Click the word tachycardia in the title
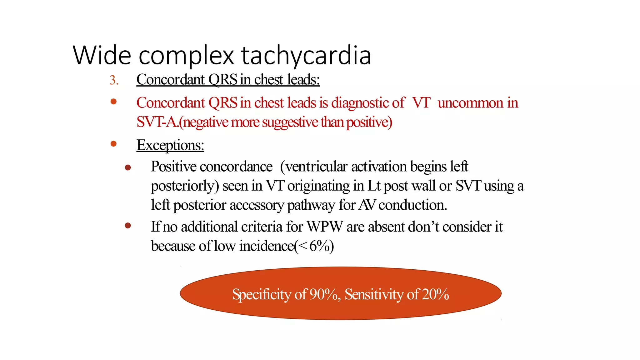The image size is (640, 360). click(306, 56)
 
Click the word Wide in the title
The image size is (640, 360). click(102, 56)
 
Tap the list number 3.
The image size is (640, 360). click(113, 80)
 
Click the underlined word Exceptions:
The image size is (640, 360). click(170, 145)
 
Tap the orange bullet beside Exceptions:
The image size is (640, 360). click(114, 144)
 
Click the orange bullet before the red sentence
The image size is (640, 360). click(114, 102)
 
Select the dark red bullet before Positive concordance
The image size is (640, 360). click(128, 168)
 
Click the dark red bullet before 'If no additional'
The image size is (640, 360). click(128, 225)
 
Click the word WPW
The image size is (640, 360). click(325, 227)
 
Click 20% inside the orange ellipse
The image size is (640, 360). click(436, 294)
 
